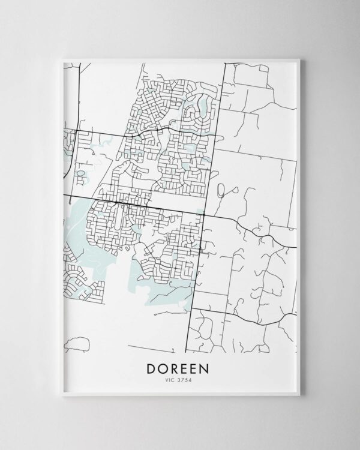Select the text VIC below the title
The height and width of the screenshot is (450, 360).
pos(170,379)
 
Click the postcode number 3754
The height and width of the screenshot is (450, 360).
pos(185,379)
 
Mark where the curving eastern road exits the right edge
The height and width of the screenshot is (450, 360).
pos(297,245)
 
